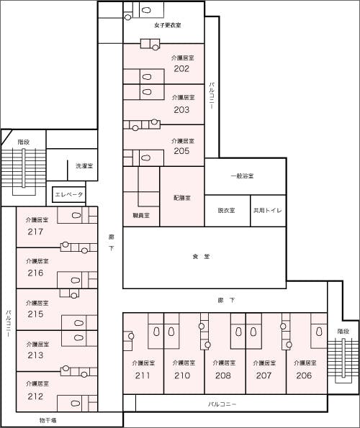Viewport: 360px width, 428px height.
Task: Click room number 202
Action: (x=181, y=69)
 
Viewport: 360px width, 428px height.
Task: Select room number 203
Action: (x=181, y=110)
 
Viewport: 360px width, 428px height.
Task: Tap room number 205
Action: (x=181, y=152)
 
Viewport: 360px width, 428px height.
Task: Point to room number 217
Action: (x=35, y=232)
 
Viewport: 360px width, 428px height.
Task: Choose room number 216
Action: (x=35, y=273)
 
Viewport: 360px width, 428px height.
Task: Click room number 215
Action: (x=35, y=314)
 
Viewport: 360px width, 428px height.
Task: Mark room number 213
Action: (x=35, y=355)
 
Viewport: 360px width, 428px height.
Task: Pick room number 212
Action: (x=35, y=396)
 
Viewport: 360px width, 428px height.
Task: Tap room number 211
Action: (x=142, y=375)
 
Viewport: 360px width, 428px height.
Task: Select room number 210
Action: (x=182, y=375)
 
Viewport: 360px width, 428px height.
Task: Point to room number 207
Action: (x=264, y=375)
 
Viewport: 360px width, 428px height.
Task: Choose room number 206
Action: (x=304, y=375)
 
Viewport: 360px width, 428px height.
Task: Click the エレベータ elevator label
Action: (x=69, y=195)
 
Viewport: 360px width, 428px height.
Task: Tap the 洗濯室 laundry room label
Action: (x=84, y=166)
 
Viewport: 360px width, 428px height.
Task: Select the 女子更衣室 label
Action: (x=167, y=26)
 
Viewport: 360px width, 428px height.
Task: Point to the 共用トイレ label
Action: (x=267, y=211)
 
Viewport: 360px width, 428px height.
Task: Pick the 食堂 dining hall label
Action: (x=201, y=257)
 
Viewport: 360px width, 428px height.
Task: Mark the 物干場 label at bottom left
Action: (x=48, y=419)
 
